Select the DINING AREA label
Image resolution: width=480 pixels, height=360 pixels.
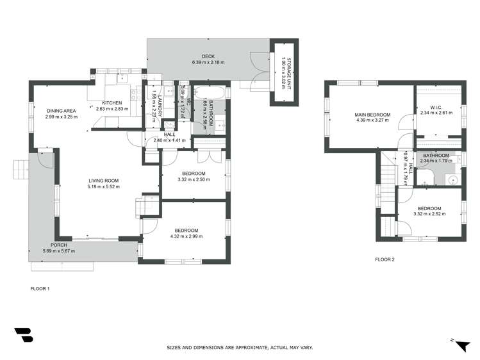click(x=62, y=111)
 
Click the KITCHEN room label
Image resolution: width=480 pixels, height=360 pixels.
click(x=112, y=102)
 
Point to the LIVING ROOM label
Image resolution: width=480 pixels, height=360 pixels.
click(x=104, y=181)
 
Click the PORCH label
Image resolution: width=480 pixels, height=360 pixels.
click(x=59, y=245)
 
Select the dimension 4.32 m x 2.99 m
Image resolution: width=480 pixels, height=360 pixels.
click(x=186, y=236)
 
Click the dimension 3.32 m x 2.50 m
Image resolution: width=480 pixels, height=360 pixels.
click(x=194, y=179)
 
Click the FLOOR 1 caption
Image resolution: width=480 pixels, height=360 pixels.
click(x=40, y=289)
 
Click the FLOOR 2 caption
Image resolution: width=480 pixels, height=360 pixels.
click(x=385, y=259)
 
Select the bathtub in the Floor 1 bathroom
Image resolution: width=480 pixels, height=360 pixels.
click(x=209, y=92)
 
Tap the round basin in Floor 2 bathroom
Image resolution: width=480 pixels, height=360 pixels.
click(x=452, y=179)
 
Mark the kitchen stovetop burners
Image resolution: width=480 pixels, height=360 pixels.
click(x=135, y=94)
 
